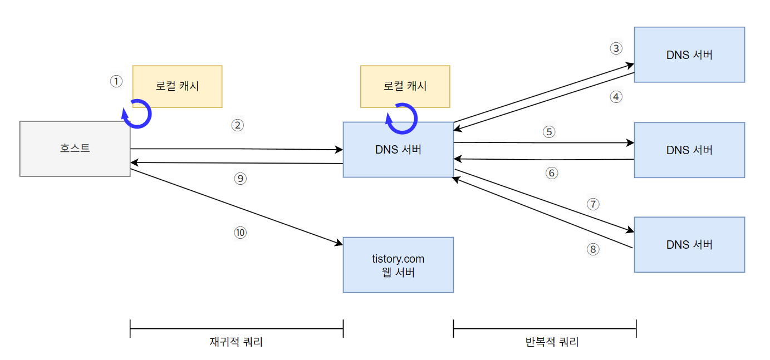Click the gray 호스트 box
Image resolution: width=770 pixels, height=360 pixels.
point(75,149)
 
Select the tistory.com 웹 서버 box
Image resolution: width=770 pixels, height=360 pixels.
point(398,265)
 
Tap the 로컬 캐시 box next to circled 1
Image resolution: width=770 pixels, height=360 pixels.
point(177,86)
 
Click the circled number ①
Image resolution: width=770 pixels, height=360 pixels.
point(116,82)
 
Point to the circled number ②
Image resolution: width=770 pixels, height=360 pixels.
point(238,125)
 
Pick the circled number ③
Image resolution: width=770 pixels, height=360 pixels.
point(615,48)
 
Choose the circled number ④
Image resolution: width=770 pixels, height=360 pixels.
point(615,97)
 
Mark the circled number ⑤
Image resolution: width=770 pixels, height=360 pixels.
point(550,132)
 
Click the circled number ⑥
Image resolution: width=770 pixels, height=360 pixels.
point(552,173)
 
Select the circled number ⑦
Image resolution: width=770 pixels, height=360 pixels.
point(593,204)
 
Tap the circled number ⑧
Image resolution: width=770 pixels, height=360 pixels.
point(593,249)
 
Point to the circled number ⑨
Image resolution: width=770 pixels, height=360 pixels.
point(240,179)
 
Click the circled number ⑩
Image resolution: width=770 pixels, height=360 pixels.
point(240,233)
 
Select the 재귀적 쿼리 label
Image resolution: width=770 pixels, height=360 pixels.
point(236,342)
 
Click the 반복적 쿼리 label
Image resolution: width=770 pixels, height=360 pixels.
point(552,342)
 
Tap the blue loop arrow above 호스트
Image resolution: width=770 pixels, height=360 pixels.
point(137,114)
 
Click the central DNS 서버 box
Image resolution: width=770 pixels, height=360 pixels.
point(398,150)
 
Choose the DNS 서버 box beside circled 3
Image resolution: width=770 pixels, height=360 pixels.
point(689,55)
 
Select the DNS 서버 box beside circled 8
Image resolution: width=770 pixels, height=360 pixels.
point(689,244)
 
